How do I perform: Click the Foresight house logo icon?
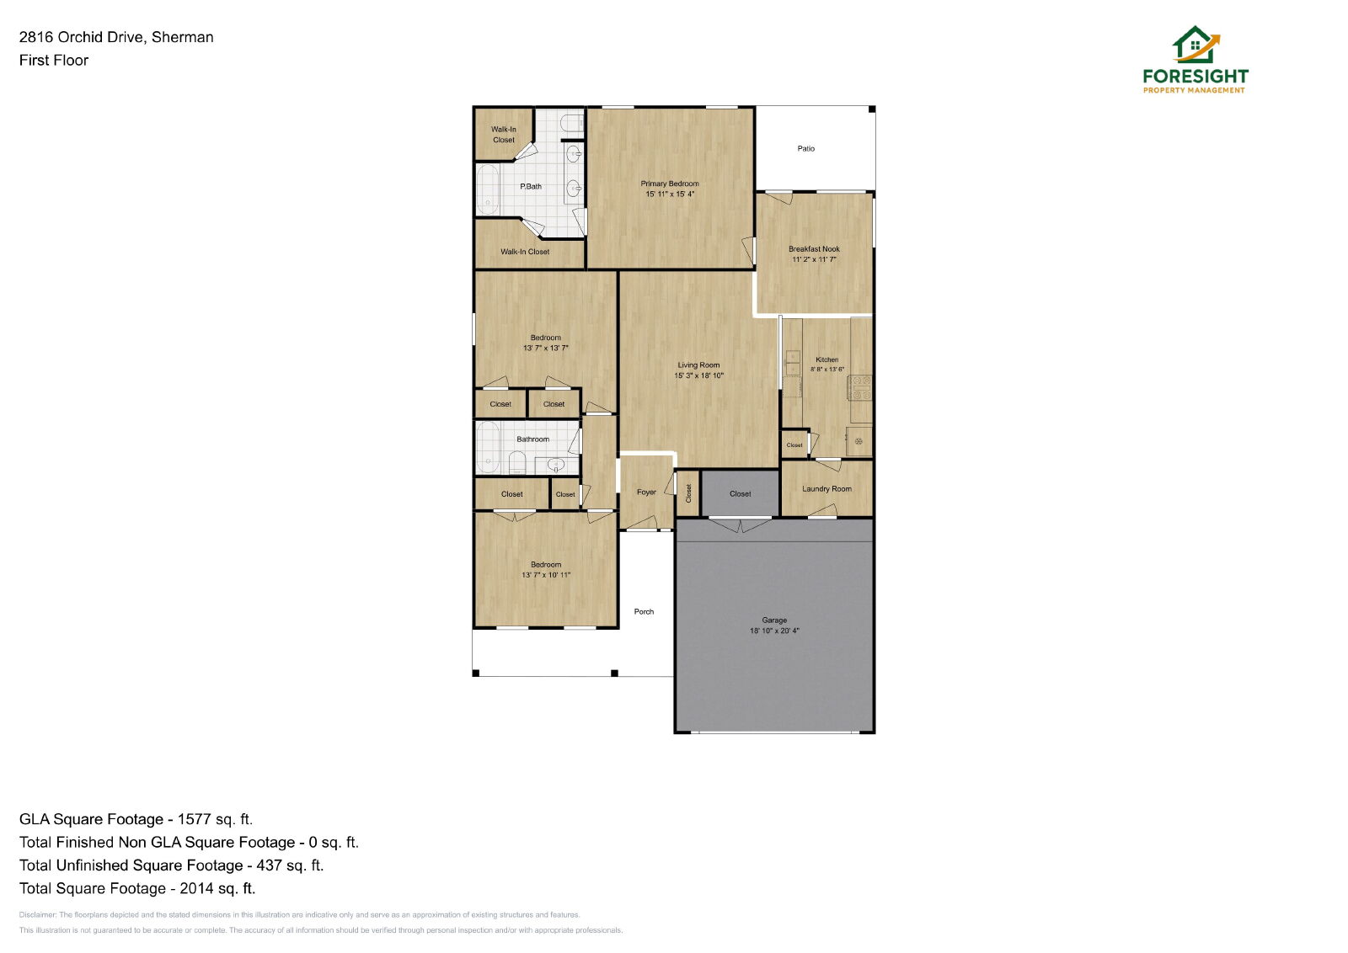1196,45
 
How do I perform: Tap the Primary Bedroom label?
670,184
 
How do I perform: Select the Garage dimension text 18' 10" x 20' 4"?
774,631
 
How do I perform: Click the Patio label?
805,148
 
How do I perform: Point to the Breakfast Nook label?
814,249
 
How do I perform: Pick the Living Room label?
698,365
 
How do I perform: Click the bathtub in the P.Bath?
488,189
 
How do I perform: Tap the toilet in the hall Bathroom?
517,463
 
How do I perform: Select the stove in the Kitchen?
859,388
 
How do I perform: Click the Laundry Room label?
826,489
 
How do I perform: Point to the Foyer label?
646,492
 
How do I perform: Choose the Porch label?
644,611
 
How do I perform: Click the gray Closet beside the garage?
741,493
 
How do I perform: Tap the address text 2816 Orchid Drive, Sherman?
116,37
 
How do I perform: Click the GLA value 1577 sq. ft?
215,819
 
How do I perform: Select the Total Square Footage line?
137,888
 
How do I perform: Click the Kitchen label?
826,359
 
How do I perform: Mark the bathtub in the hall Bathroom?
488,447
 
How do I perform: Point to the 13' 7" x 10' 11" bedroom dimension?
546,575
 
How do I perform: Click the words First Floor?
54,60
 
